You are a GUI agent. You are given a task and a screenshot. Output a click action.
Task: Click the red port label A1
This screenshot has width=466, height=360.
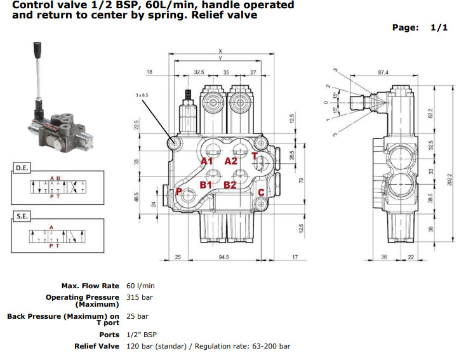(206, 161)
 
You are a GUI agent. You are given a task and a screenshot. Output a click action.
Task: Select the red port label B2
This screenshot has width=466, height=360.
(230, 185)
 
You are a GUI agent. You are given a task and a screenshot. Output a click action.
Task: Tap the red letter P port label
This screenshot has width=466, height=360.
(180, 191)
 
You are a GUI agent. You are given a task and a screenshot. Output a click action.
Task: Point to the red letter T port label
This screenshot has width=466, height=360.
(255, 156)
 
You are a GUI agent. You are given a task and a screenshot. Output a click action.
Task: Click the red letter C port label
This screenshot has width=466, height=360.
(261, 192)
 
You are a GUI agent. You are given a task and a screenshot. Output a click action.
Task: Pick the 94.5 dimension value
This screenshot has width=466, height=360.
(223, 258)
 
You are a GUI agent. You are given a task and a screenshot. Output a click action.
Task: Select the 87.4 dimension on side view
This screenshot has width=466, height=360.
(382, 73)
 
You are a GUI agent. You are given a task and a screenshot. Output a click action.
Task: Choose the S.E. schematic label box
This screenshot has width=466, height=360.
(22, 217)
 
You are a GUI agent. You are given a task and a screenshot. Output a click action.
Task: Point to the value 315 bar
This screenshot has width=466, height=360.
(140, 297)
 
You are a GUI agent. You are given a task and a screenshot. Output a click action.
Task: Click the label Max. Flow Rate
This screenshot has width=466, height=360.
(90, 286)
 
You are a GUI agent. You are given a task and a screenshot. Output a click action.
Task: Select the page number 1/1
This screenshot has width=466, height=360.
(439, 27)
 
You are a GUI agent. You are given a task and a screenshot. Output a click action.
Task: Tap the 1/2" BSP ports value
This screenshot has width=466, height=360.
(142, 334)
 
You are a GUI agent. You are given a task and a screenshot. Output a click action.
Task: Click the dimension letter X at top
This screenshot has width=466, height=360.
(220, 51)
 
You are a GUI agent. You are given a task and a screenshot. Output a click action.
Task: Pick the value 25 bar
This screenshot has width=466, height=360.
(137, 316)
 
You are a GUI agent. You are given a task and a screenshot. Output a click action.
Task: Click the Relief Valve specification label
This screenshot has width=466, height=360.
(97, 346)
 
